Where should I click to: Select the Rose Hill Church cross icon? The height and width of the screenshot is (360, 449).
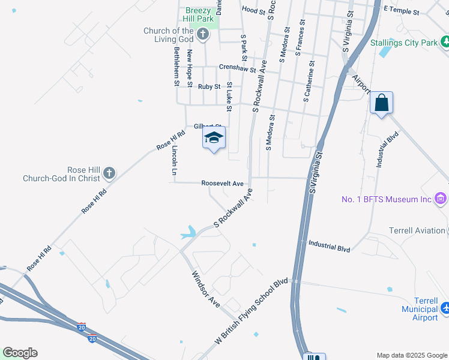(109, 173)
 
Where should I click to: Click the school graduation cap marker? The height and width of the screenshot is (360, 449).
(213, 137)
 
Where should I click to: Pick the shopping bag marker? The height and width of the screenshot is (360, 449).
(381, 103)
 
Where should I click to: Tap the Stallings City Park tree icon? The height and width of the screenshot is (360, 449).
(445, 42)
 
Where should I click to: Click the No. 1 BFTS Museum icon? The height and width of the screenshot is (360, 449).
(440, 199)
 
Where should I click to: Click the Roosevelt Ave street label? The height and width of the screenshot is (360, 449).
(223, 183)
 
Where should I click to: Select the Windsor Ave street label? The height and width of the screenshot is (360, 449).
(206, 289)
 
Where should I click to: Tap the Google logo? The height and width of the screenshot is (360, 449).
(20, 353)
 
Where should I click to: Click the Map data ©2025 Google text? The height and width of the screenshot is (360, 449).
(411, 355)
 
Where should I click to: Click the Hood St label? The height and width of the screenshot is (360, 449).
(253, 10)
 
